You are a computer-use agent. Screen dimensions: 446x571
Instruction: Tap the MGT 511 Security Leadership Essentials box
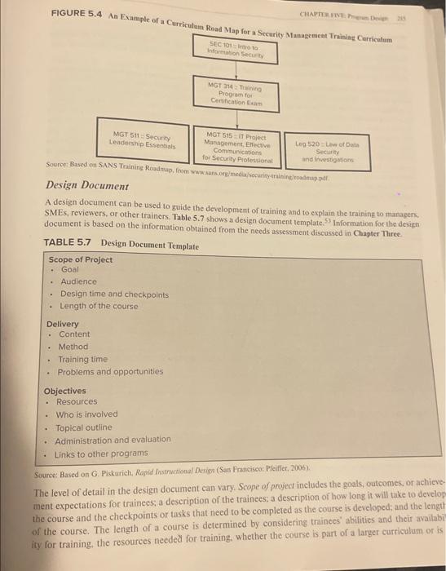146,138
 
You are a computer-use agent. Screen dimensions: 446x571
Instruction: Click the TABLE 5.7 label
66,242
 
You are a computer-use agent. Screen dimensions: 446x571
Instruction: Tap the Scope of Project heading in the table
81,259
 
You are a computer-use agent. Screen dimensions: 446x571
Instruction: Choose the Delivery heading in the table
63,324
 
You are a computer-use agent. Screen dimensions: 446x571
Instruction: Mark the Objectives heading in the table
64,391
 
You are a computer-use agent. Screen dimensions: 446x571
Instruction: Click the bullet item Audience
78,281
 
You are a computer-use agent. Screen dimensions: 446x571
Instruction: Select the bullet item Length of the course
99,306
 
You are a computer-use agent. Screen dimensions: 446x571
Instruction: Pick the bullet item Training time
82,359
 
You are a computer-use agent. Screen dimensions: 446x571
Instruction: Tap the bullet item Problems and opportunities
110,371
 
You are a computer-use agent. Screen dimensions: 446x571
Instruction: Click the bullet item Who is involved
86,414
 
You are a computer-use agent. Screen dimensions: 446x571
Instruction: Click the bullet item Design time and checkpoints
114,294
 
